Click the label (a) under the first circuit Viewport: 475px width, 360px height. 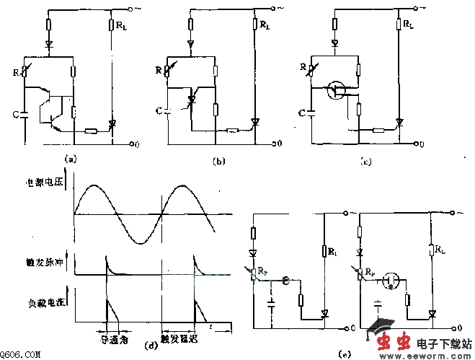point(69,157)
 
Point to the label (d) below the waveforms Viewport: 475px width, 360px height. point(151,345)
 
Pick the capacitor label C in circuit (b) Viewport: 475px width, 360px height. point(159,110)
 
